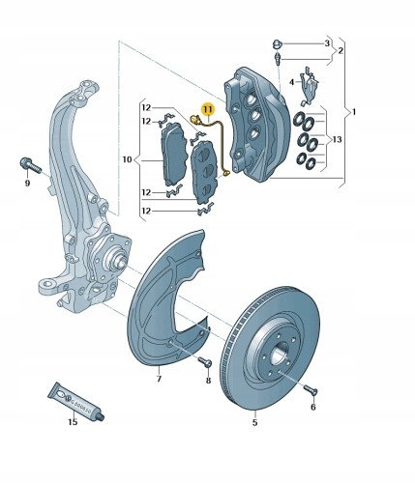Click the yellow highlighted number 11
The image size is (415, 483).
[x=208, y=109]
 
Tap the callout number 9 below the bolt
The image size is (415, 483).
[x=27, y=184]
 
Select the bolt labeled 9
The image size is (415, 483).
[x=31, y=165]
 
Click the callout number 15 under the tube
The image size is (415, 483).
[x=73, y=421]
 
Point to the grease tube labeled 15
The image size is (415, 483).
[x=76, y=402]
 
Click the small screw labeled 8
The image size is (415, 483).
[x=205, y=361]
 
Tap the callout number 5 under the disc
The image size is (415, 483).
[x=254, y=422]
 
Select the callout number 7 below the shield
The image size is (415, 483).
[x=159, y=379]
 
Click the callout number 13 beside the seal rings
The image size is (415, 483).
[x=337, y=139]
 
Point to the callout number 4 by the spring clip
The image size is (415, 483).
[x=291, y=82]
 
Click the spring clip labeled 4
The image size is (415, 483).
[x=309, y=86]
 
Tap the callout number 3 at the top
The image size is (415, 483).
[x=327, y=43]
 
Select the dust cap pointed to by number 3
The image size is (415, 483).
[x=277, y=43]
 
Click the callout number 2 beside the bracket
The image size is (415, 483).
[x=341, y=51]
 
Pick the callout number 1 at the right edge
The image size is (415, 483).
[x=354, y=112]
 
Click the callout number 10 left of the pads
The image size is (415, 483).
[x=128, y=159]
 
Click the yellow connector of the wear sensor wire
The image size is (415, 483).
[x=194, y=120]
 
